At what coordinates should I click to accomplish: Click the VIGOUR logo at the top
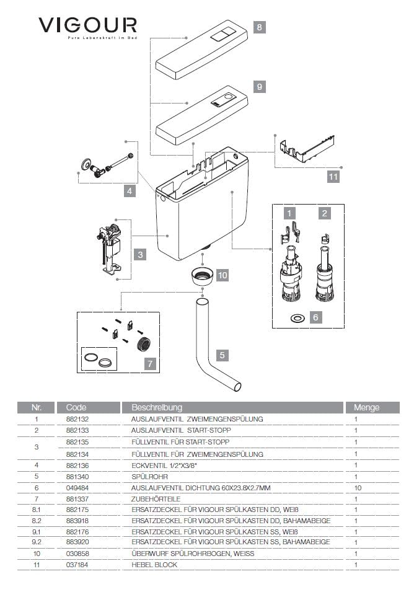point(87,27)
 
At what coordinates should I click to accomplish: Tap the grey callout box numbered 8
point(259,27)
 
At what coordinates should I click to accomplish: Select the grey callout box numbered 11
point(333,177)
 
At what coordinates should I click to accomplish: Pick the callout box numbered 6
point(315,317)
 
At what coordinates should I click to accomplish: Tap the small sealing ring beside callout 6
point(297,317)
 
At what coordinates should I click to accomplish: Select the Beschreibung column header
point(157,407)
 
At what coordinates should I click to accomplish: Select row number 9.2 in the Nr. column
point(37,542)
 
